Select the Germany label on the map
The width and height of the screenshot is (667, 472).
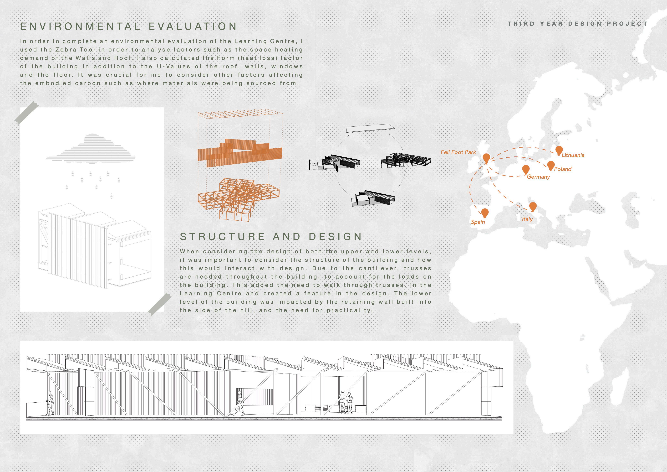point(538,177)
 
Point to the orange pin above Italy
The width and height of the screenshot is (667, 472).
point(533,207)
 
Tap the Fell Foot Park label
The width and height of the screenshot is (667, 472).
point(458,152)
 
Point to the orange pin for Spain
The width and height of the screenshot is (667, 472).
point(485,213)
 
